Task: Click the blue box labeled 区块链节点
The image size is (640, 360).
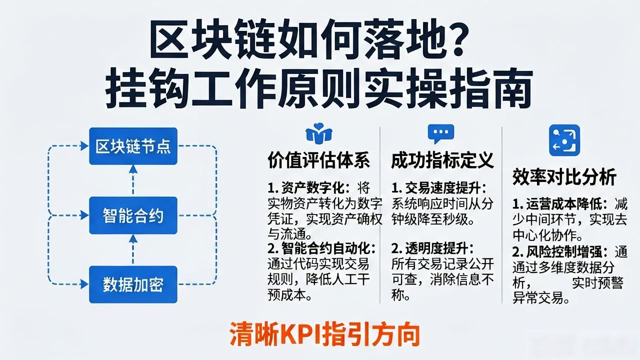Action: tap(133, 146)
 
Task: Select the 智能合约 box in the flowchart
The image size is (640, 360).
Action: tap(133, 215)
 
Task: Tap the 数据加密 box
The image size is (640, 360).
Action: tap(133, 284)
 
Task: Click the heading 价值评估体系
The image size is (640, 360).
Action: tap(319, 160)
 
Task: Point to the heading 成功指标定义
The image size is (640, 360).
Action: tap(442, 160)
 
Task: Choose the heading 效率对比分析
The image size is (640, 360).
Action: tap(564, 177)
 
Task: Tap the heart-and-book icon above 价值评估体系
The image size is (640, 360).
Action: tap(319, 133)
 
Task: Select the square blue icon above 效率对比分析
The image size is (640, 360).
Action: tap(564, 140)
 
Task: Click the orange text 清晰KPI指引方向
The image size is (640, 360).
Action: tap(325, 334)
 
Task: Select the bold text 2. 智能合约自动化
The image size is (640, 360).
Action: tap(322, 248)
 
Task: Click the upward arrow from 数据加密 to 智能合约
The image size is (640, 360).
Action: tap(133, 250)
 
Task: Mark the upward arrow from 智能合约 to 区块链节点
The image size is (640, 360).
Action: tap(133, 180)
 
